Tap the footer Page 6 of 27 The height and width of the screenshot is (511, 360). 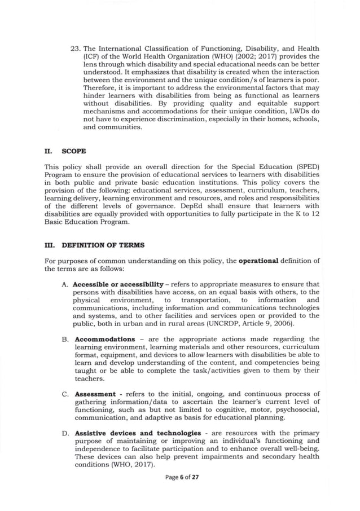(180, 492)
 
